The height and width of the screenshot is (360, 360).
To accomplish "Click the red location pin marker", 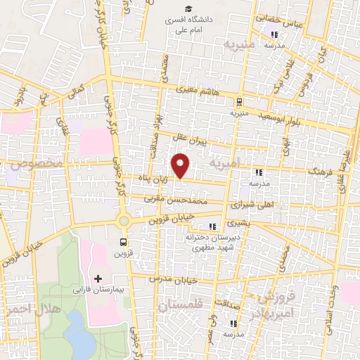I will (x=181, y=165).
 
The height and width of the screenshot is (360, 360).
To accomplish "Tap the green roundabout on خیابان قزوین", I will (x=124, y=221).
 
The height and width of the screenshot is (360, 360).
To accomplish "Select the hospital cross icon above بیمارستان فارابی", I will (x=98, y=278).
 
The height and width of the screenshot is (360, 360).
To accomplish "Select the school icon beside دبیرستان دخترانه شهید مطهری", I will (x=212, y=226).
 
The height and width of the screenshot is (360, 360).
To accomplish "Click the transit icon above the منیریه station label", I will (x=238, y=101).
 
